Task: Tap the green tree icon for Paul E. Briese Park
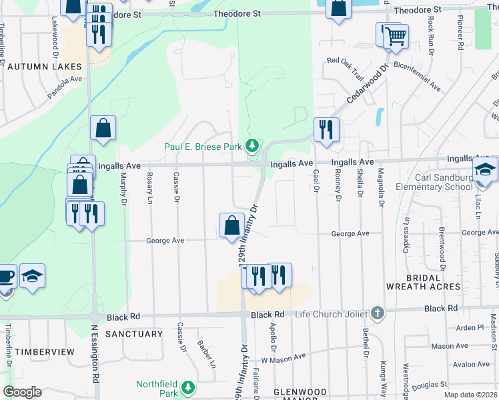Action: pyautogui.click(x=252, y=145)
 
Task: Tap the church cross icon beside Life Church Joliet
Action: pyautogui.click(x=378, y=313)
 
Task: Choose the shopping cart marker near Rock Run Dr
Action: pyautogui.click(x=396, y=35)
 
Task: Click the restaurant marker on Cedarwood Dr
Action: pyautogui.click(x=326, y=129)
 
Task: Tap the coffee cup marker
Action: pyautogui.click(x=5, y=276)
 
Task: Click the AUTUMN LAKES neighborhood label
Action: pyautogui.click(x=44, y=67)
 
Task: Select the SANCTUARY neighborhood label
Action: pyautogui.click(x=134, y=333)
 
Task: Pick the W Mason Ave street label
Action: pyautogui.click(x=283, y=358)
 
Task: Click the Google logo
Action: pyautogui.click(x=21, y=392)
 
